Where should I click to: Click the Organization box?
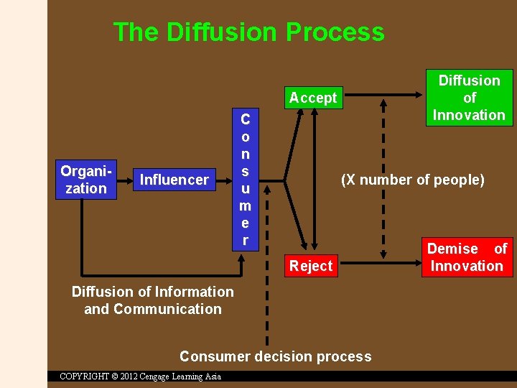(x=85, y=180)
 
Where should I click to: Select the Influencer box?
(x=174, y=180)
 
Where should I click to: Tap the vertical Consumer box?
(x=245, y=179)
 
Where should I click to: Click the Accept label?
(x=313, y=98)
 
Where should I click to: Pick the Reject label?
(x=311, y=266)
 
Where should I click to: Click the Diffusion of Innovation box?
(x=469, y=98)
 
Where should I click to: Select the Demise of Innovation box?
(x=467, y=257)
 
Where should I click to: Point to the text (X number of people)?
(x=412, y=180)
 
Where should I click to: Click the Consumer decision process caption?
(x=276, y=356)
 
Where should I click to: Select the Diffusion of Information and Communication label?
(x=153, y=300)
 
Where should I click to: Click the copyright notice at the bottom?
(x=140, y=377)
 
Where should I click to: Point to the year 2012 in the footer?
(x=129, y=377)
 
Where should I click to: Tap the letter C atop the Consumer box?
(x=245, y=119)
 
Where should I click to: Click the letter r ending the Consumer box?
(x=245, y=241)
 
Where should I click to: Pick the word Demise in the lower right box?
(x=452, y=249)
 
